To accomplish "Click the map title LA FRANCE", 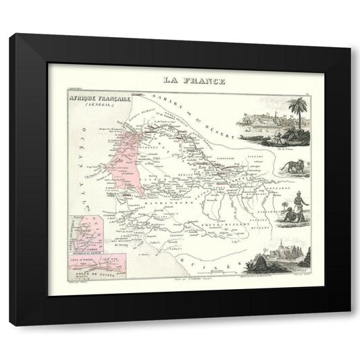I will [193, 81].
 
